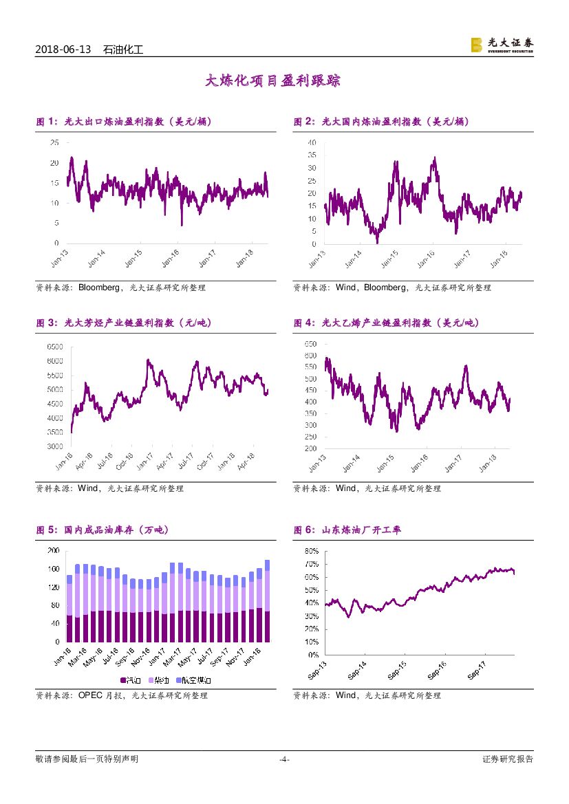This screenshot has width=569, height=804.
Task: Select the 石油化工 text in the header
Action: coord(122,50)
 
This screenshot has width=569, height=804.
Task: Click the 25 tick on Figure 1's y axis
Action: coord(54,142)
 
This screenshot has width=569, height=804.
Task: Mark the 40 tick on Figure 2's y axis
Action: coord(312,142)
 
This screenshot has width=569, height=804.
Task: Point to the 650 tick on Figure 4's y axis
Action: coord(310,343)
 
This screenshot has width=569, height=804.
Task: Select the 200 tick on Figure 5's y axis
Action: coord(52,551)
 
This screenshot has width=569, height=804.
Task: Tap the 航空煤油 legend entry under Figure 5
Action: coord(196,680)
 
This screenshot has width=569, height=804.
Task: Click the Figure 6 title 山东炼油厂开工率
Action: coord(348,530)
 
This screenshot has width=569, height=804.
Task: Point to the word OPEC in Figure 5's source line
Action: coord(89,695)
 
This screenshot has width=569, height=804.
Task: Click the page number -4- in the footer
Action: coord(284,759)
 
